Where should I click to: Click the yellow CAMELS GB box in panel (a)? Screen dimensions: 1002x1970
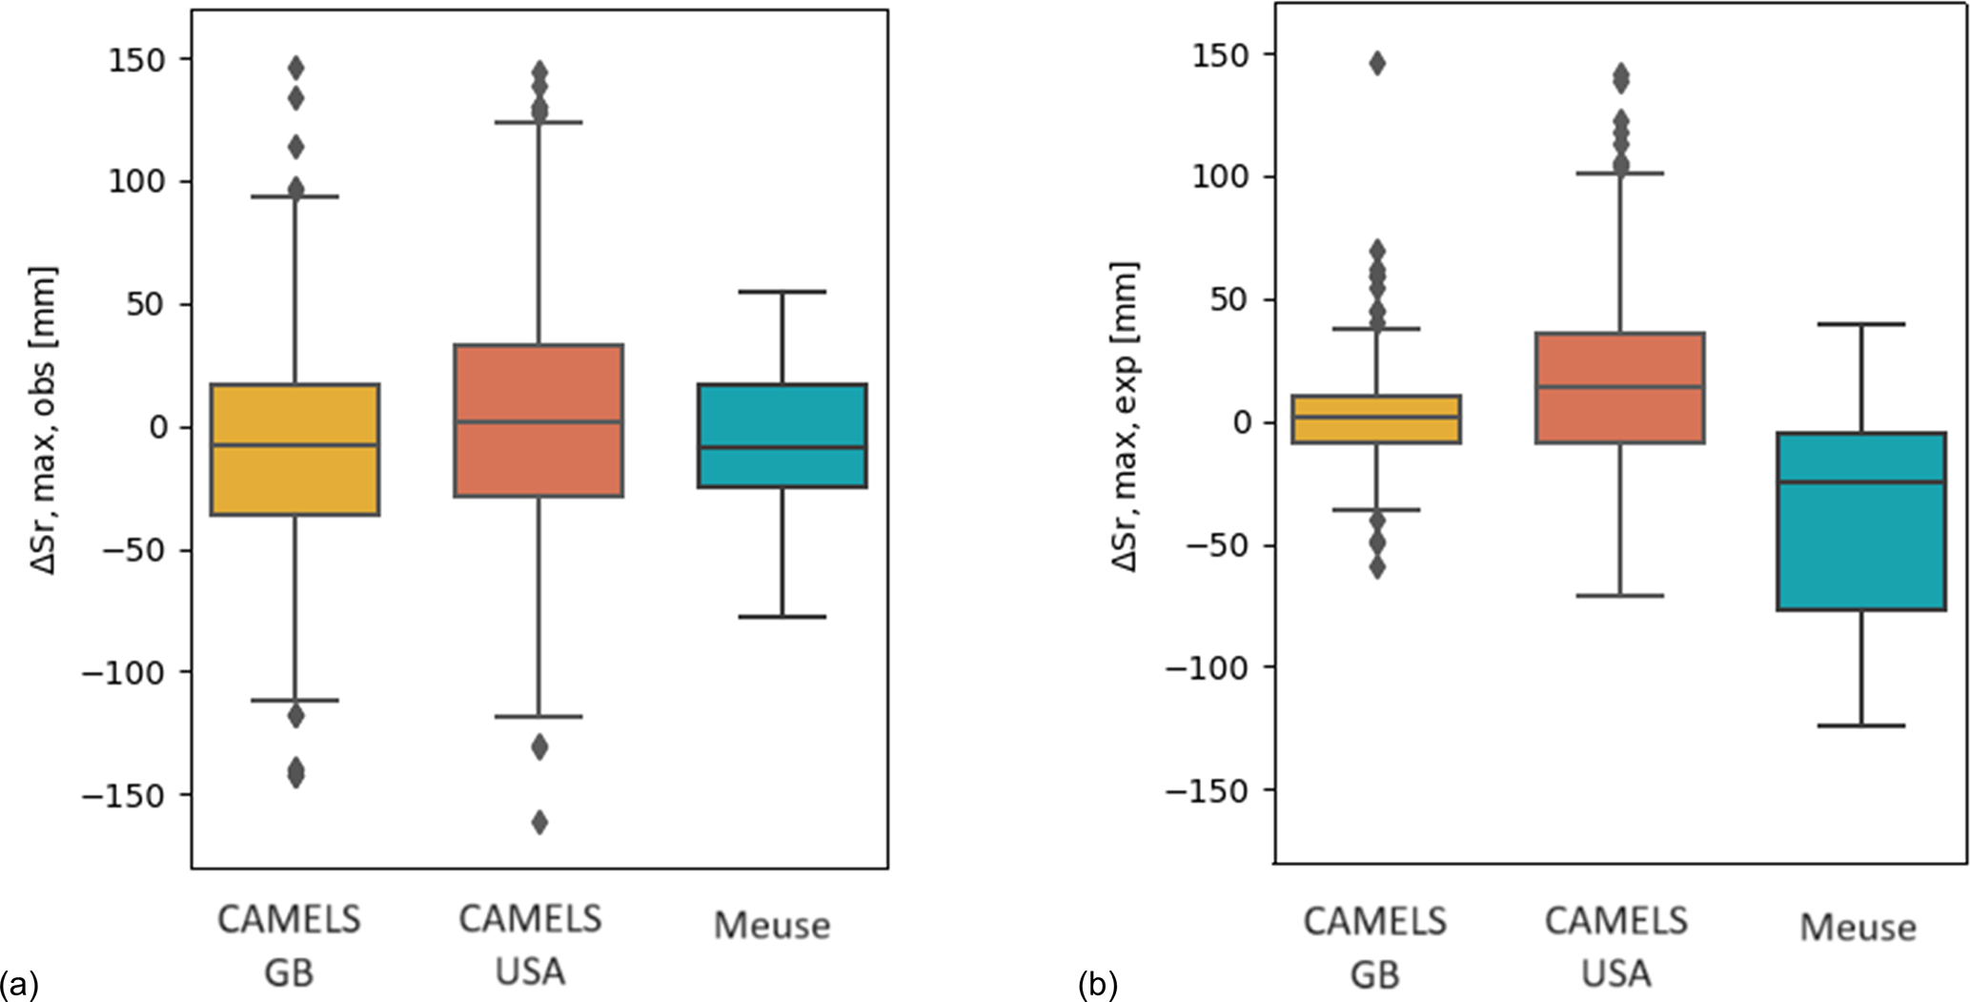294,449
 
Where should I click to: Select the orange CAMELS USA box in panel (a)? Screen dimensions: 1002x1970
538,420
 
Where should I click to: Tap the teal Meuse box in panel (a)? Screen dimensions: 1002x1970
782,436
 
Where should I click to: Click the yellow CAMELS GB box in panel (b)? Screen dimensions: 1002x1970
1376,419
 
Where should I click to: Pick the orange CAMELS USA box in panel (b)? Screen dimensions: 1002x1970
1619,388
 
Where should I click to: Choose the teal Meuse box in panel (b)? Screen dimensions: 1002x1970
1860,521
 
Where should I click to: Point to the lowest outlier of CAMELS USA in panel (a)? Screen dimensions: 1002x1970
539,822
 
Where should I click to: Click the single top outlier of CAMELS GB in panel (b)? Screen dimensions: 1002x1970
1377,64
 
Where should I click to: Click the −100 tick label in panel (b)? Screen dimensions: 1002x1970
1207,668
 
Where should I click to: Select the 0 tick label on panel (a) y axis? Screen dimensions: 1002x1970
157,427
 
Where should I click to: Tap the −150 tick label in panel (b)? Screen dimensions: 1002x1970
1207,790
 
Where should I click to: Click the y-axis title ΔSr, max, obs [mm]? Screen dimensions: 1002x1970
44,419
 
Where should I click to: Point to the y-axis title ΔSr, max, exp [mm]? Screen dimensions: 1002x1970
1127,417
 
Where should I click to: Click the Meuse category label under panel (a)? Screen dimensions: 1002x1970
772,925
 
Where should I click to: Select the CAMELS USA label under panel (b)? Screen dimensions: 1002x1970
1616,946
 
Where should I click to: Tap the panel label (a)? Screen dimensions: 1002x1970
19,983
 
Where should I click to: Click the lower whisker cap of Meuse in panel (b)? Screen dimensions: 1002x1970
1860,726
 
